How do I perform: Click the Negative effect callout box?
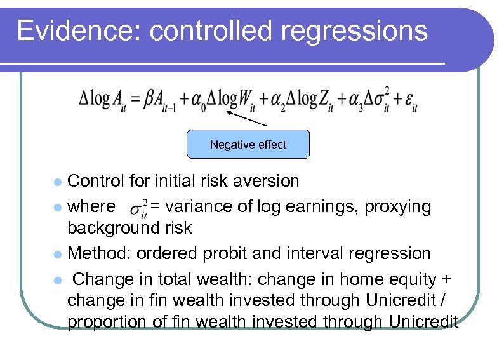coord(248,145)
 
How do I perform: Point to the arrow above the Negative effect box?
coord(246,118)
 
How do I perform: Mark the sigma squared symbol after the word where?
coord(138,208)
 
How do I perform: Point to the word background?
coord(112,228)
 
